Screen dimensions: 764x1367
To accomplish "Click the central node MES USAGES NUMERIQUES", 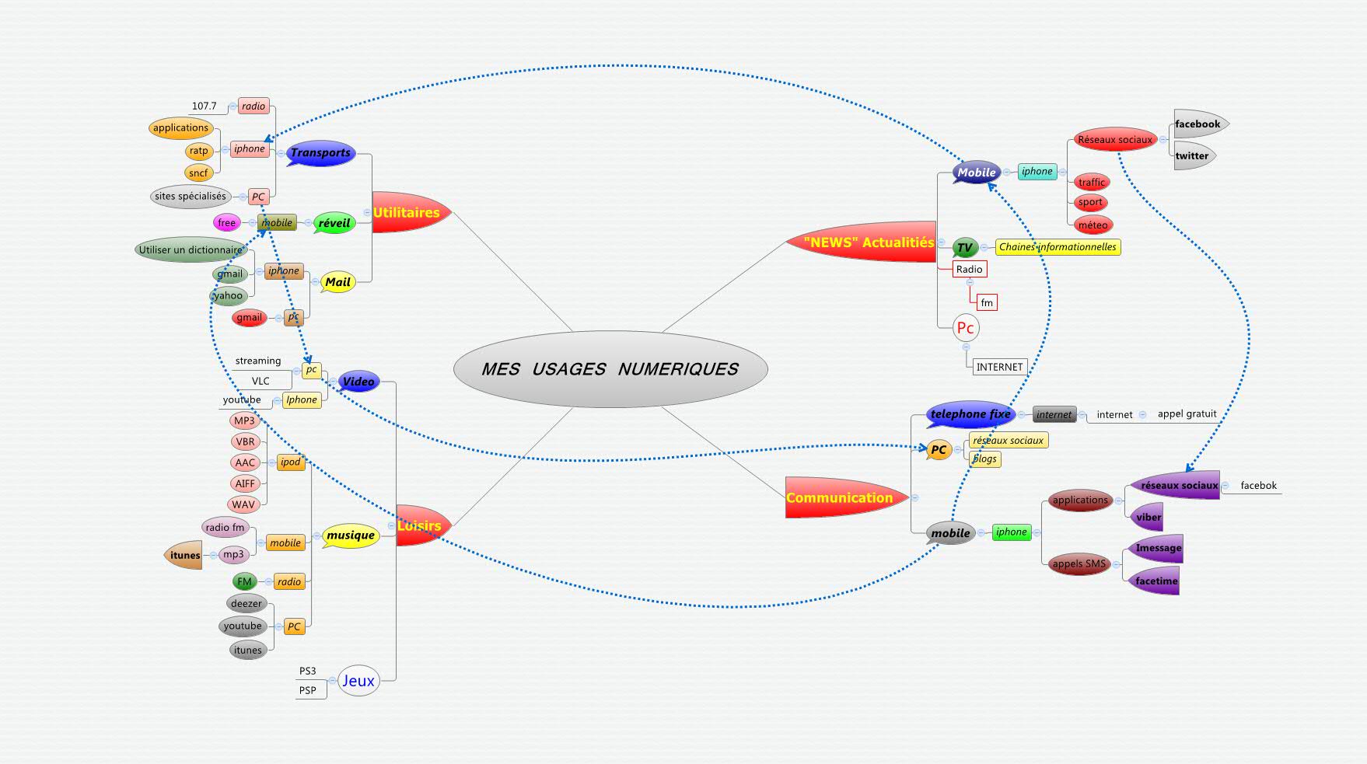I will click(x=610, y=369).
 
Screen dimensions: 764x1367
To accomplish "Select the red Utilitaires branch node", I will click(x=407, y=212).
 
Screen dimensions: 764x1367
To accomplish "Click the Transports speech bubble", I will click(x=320, y=153).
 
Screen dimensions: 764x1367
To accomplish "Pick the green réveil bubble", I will click(x=334, y=223).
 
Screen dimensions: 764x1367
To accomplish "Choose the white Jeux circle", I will click(x=358, y=681).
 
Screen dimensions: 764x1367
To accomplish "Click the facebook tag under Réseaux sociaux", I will click(x=1197, y=124).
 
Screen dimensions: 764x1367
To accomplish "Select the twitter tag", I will click(x=1191, y=155).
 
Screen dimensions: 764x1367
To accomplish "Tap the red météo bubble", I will click(x=1093, y=225).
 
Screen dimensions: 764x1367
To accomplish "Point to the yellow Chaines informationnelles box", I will click(x=1058, y=247).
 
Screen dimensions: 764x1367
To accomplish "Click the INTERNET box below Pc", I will click(x=999, y=367).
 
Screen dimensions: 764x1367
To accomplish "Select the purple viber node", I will click(x=1148, y=517).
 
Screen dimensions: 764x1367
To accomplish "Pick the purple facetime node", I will click(x=1155, y=581).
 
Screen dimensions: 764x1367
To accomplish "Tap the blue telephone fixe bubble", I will click(x=970, y=414).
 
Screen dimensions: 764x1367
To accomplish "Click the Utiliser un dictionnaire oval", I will click(x=191, y=250).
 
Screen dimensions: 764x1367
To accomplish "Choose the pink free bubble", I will click(x=226, y=223).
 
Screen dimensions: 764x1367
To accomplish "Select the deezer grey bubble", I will click(x=246, y=604).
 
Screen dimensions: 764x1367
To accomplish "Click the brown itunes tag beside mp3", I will click(x=185, y=555).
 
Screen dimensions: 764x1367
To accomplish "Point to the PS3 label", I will click(x=308, y=671).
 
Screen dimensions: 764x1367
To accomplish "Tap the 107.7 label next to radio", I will click(x=205, y=106).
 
